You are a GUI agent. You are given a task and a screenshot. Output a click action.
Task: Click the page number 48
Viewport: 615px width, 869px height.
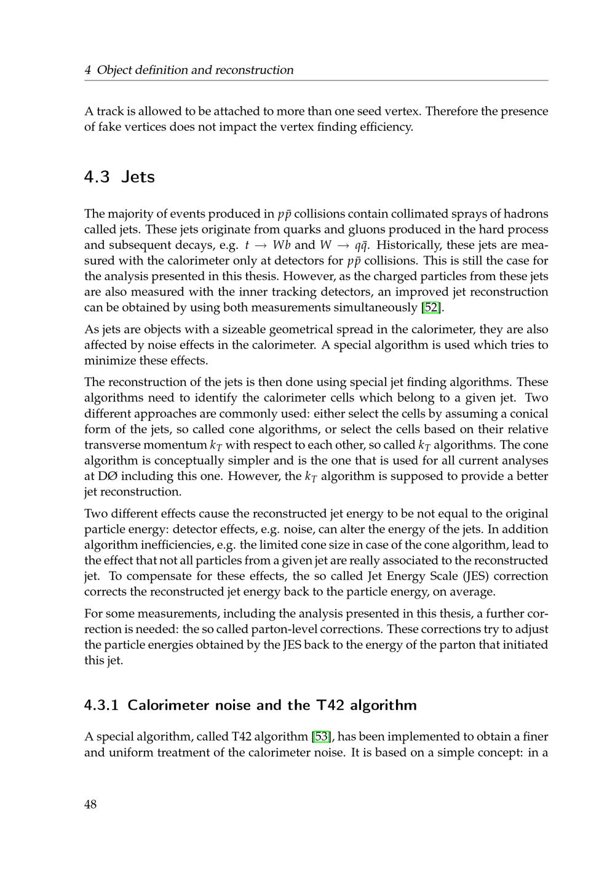click(90, 804)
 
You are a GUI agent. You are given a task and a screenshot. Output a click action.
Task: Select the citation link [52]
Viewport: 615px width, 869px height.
click(432, 307)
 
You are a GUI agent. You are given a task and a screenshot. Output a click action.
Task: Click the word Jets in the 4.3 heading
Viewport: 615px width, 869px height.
click(138, 177)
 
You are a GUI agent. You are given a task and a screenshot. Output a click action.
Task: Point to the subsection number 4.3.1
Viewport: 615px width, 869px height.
click(101, 705)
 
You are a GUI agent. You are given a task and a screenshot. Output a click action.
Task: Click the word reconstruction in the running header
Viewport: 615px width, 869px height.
click(255, 70)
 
